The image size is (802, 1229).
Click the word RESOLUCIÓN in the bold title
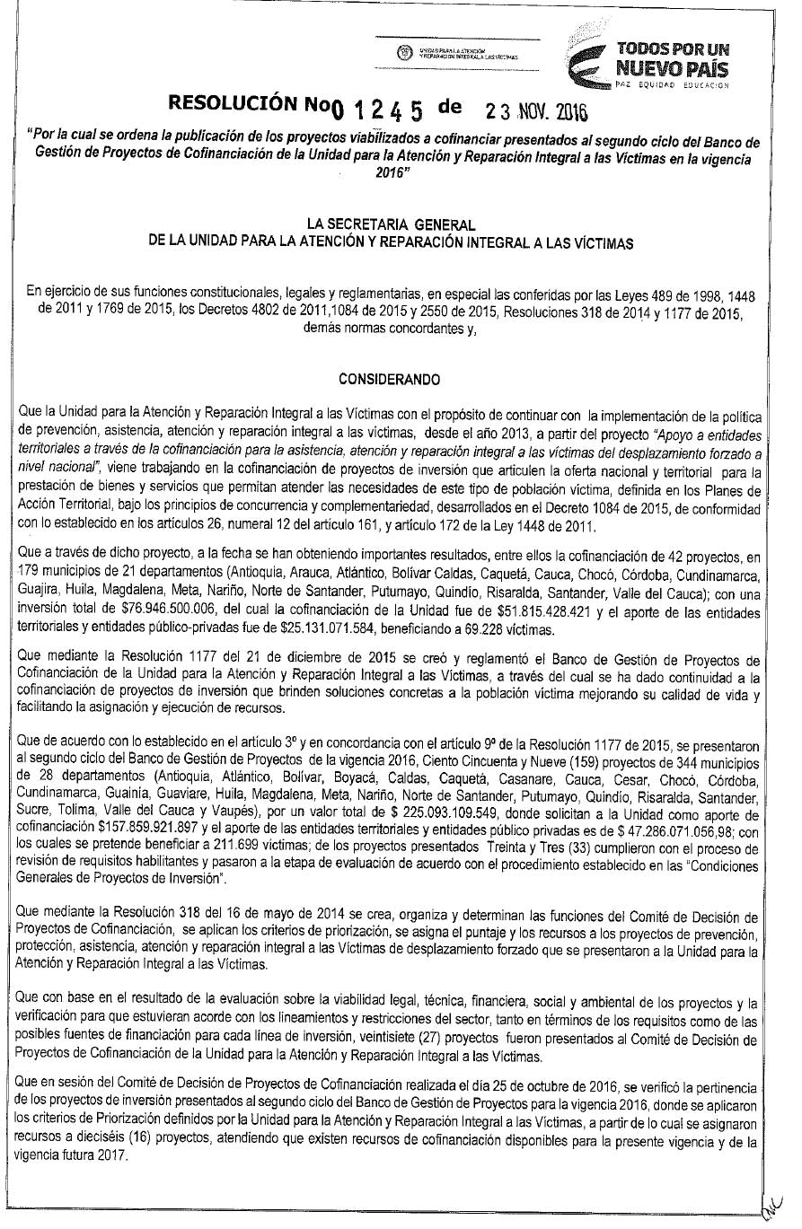click(x=232, y=107)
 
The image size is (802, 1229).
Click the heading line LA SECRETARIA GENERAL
click(x=389, y=224)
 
